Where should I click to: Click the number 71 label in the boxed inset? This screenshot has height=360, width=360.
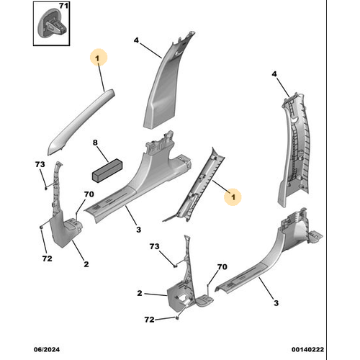pos(63,6)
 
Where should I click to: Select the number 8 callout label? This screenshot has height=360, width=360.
pos(95,143)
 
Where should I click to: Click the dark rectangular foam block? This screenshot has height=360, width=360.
pos(107,171)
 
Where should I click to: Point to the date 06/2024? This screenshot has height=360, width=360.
pos(47,349)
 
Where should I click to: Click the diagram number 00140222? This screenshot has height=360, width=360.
pos(307,349)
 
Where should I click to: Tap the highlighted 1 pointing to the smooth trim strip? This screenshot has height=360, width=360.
pos(97,58)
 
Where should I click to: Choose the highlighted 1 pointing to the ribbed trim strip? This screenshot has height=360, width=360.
pos(233,197)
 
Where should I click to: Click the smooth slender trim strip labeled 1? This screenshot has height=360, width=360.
pos(81,121)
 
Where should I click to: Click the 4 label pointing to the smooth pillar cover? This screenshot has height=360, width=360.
pos(136,40)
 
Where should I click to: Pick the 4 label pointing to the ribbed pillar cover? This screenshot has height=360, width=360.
pos(274,74)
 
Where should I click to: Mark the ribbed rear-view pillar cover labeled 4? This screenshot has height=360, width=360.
pos(294,149)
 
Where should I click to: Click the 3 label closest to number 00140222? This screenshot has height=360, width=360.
pos(276,303)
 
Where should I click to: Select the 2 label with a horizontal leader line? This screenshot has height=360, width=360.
pos(140,293)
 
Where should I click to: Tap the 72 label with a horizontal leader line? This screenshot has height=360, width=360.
pos(149,320)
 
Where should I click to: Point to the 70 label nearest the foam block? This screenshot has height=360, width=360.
pos(89,194)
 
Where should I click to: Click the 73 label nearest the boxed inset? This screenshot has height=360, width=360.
pos(40,164)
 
